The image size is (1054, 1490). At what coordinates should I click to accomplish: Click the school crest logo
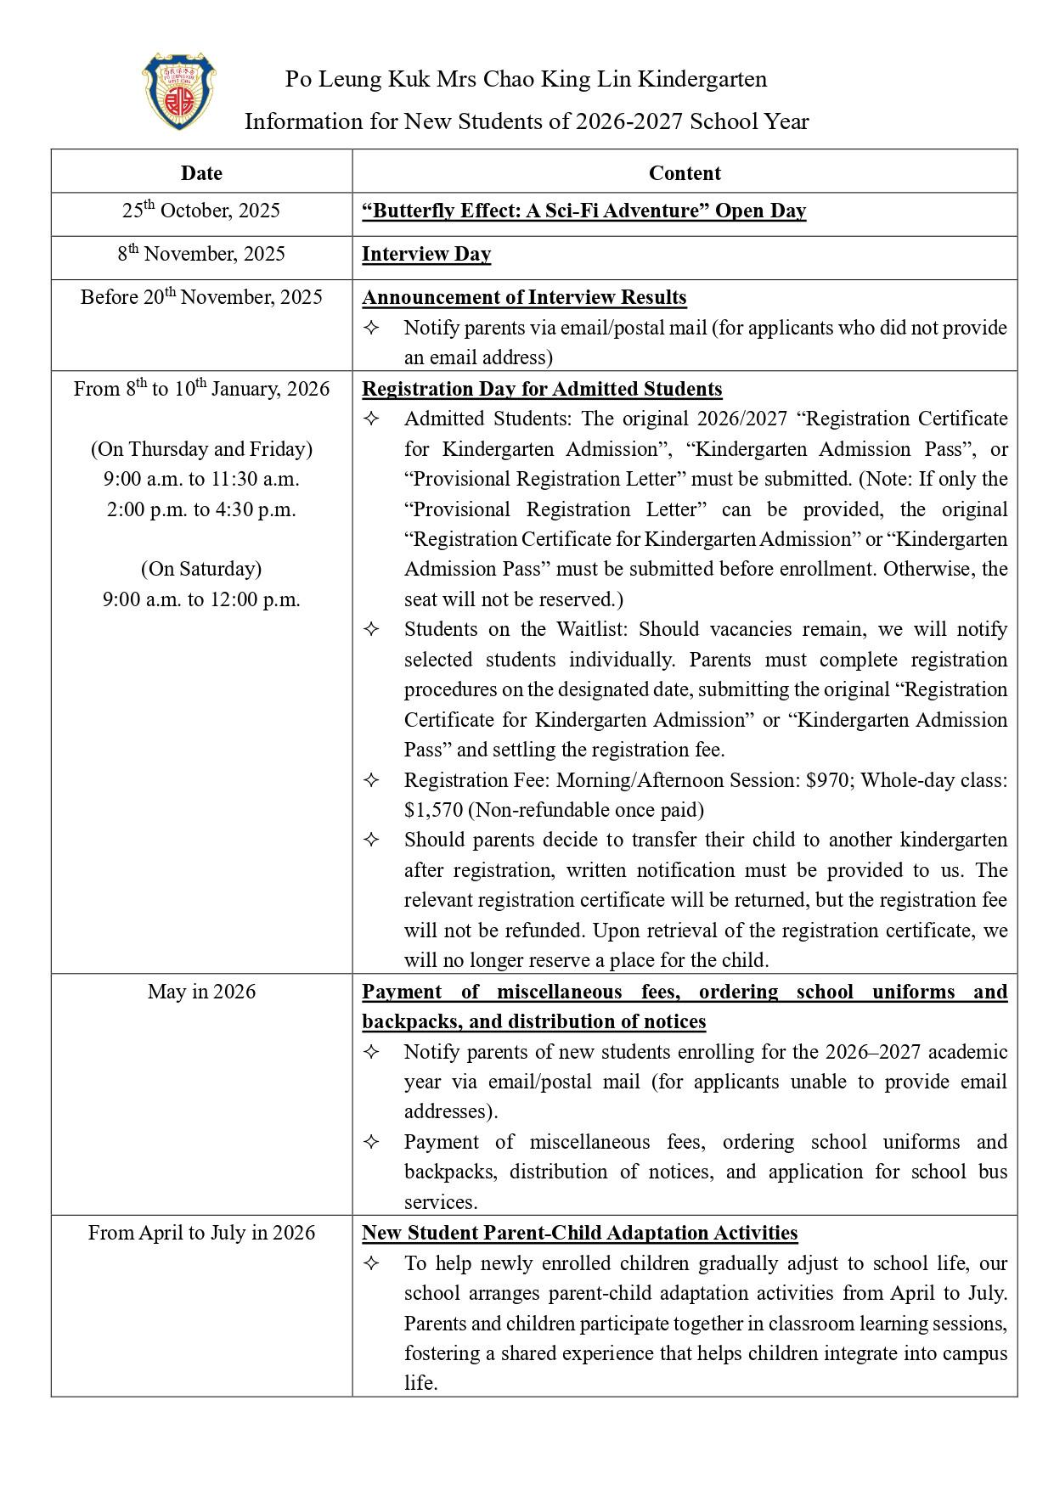coord(178,92)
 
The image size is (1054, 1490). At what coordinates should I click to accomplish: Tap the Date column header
coord(201,173)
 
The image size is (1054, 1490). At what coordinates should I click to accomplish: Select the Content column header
coord(685,173)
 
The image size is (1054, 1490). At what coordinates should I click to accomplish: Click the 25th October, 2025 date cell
coord(201,211)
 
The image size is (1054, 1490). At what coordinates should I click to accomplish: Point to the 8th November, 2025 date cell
coord(201,255)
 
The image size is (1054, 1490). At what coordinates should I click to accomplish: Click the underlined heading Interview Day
coord(426,255)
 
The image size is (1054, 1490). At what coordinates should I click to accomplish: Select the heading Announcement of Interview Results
coord(524,298)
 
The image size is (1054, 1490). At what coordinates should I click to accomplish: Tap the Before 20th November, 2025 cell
coord(201,298)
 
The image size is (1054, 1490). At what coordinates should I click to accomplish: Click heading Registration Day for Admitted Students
coord(542,390)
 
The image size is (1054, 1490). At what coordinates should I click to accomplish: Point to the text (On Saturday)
coord(201,569)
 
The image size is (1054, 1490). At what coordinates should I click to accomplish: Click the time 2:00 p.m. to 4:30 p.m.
coord(201,510)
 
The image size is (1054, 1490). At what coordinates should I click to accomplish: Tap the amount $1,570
coord(434,810)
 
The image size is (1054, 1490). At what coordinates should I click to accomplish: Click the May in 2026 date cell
coord(201,992)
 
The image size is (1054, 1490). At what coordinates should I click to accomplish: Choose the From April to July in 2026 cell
coord(201,1234)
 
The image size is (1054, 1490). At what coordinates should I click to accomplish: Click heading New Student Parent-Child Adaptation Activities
coord(579,1234)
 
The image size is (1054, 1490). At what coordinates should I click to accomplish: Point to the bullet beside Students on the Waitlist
coord(371,630)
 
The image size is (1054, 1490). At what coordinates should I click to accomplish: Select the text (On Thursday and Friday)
coord(201,449)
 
